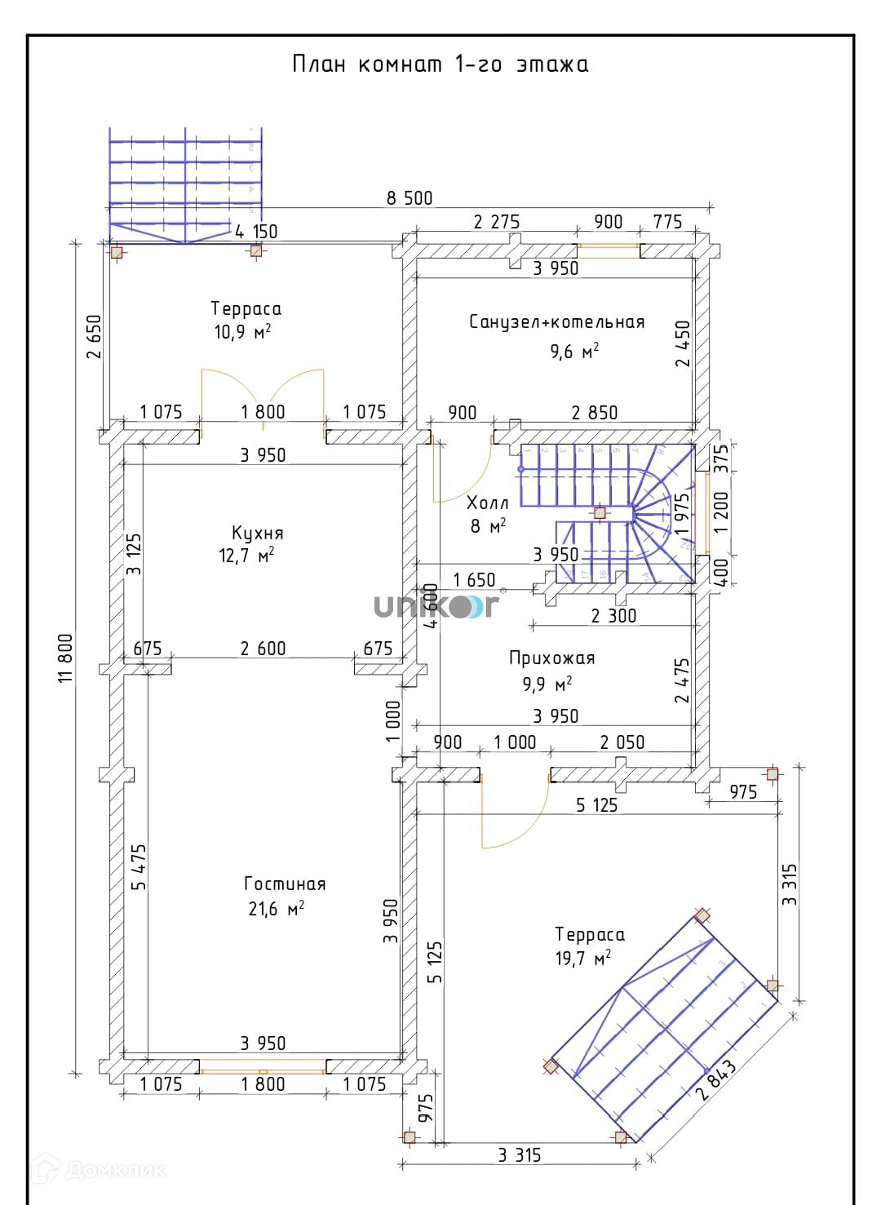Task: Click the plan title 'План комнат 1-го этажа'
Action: tap(440, 64)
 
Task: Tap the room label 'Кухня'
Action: tap(257, 534)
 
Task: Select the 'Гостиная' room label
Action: tap(285, 884)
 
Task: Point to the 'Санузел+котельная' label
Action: tap(556, 322)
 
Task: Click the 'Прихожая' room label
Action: tap(551, 658)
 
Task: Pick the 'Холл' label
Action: tap(488, 503)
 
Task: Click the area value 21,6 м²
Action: tap(276, 909)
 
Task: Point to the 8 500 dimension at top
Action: tap(410, 198)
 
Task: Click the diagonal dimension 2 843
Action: tap(718, 1080)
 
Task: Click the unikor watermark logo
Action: tap(436, 606)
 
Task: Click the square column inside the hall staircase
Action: tap(600, 513)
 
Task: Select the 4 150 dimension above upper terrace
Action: tap(256, 232)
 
